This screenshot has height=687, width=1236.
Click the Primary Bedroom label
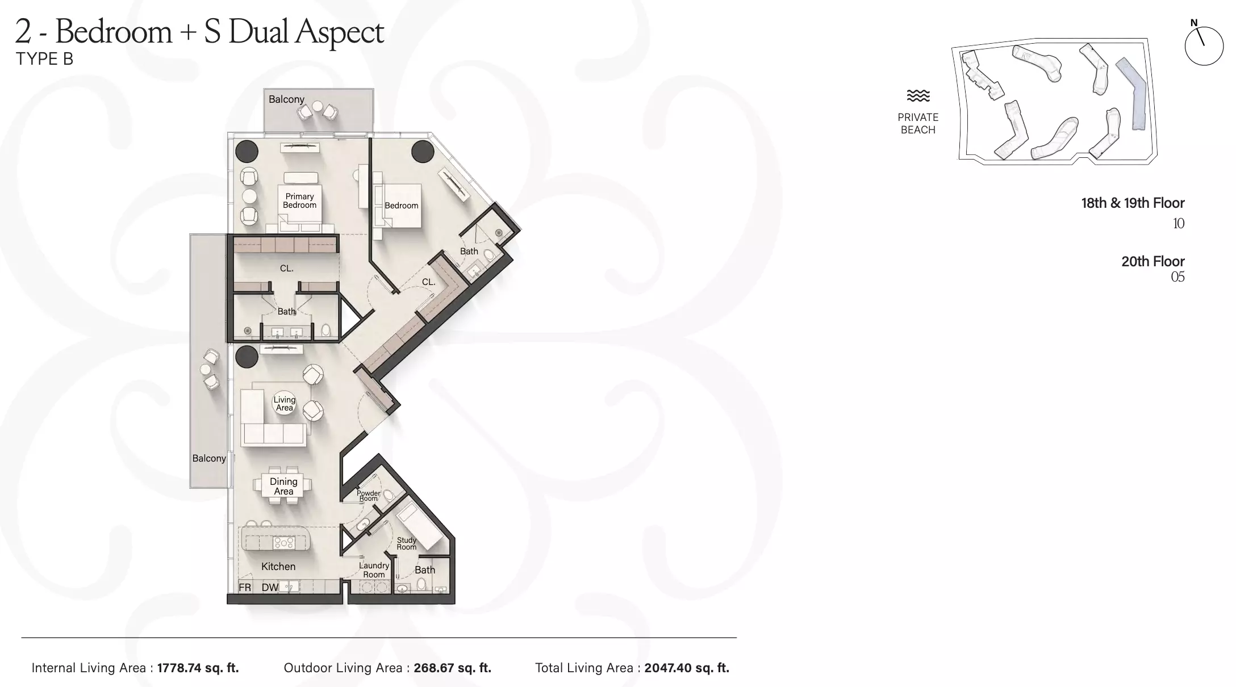pos(300,200)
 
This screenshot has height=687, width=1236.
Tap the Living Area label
pos(284,404)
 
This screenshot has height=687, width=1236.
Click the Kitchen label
pos(278,566)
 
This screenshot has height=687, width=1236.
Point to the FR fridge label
pos(245,588)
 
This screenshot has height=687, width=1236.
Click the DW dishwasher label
pos(270,588)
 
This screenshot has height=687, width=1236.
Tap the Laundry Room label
pos(374,570)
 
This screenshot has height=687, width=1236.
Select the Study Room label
pos(407,543)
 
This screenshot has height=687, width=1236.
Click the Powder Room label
pos(369,496)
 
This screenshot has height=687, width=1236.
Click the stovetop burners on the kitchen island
pos(284,543)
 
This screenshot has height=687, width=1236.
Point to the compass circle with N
pos(1204,45)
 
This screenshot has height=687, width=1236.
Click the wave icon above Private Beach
pos(918,95)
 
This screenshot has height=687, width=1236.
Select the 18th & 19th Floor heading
pos(1133,203)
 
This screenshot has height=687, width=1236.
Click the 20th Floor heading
pos(1153,261)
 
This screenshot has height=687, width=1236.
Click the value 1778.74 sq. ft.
pos(198,668)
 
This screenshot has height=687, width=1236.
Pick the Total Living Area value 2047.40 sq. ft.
pos(686,668)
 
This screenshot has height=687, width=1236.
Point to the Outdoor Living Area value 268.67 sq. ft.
pos(452,668)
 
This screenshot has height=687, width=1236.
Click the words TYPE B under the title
pos(44,59)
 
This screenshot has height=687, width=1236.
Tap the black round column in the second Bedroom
pos(423,151)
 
